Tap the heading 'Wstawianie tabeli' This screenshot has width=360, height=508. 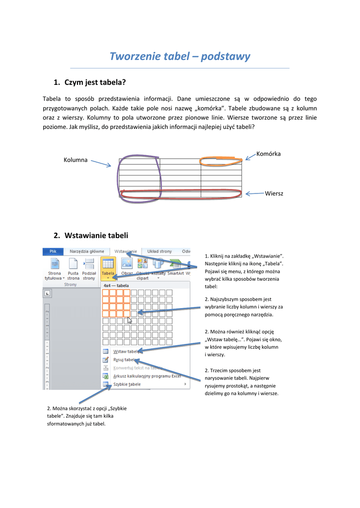coord(96,235)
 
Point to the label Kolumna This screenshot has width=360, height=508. coord(75,160)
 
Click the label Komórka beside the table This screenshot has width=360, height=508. coord(268,154)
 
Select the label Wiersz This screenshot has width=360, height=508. coord(274,193)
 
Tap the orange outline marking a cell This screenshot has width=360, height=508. coord(221,160)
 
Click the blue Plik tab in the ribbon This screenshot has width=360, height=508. coord(53,252)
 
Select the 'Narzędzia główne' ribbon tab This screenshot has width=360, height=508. coord(87,252)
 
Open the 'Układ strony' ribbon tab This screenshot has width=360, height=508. coord(159,252)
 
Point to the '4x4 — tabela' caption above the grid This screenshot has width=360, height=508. coord(116,286)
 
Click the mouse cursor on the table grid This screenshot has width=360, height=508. coord(129,320)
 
